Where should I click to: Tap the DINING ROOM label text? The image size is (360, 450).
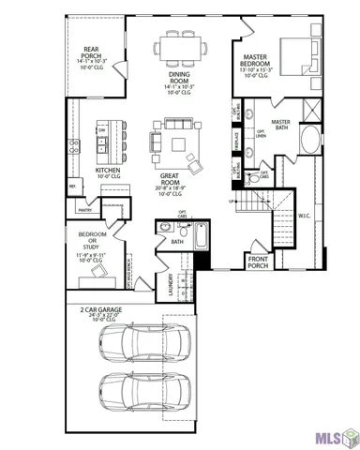click(180, 80)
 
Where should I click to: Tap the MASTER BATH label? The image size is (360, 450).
click(280, 125)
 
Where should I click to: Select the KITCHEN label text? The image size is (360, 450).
click(110, 171)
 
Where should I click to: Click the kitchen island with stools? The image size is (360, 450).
click(114, 141)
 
